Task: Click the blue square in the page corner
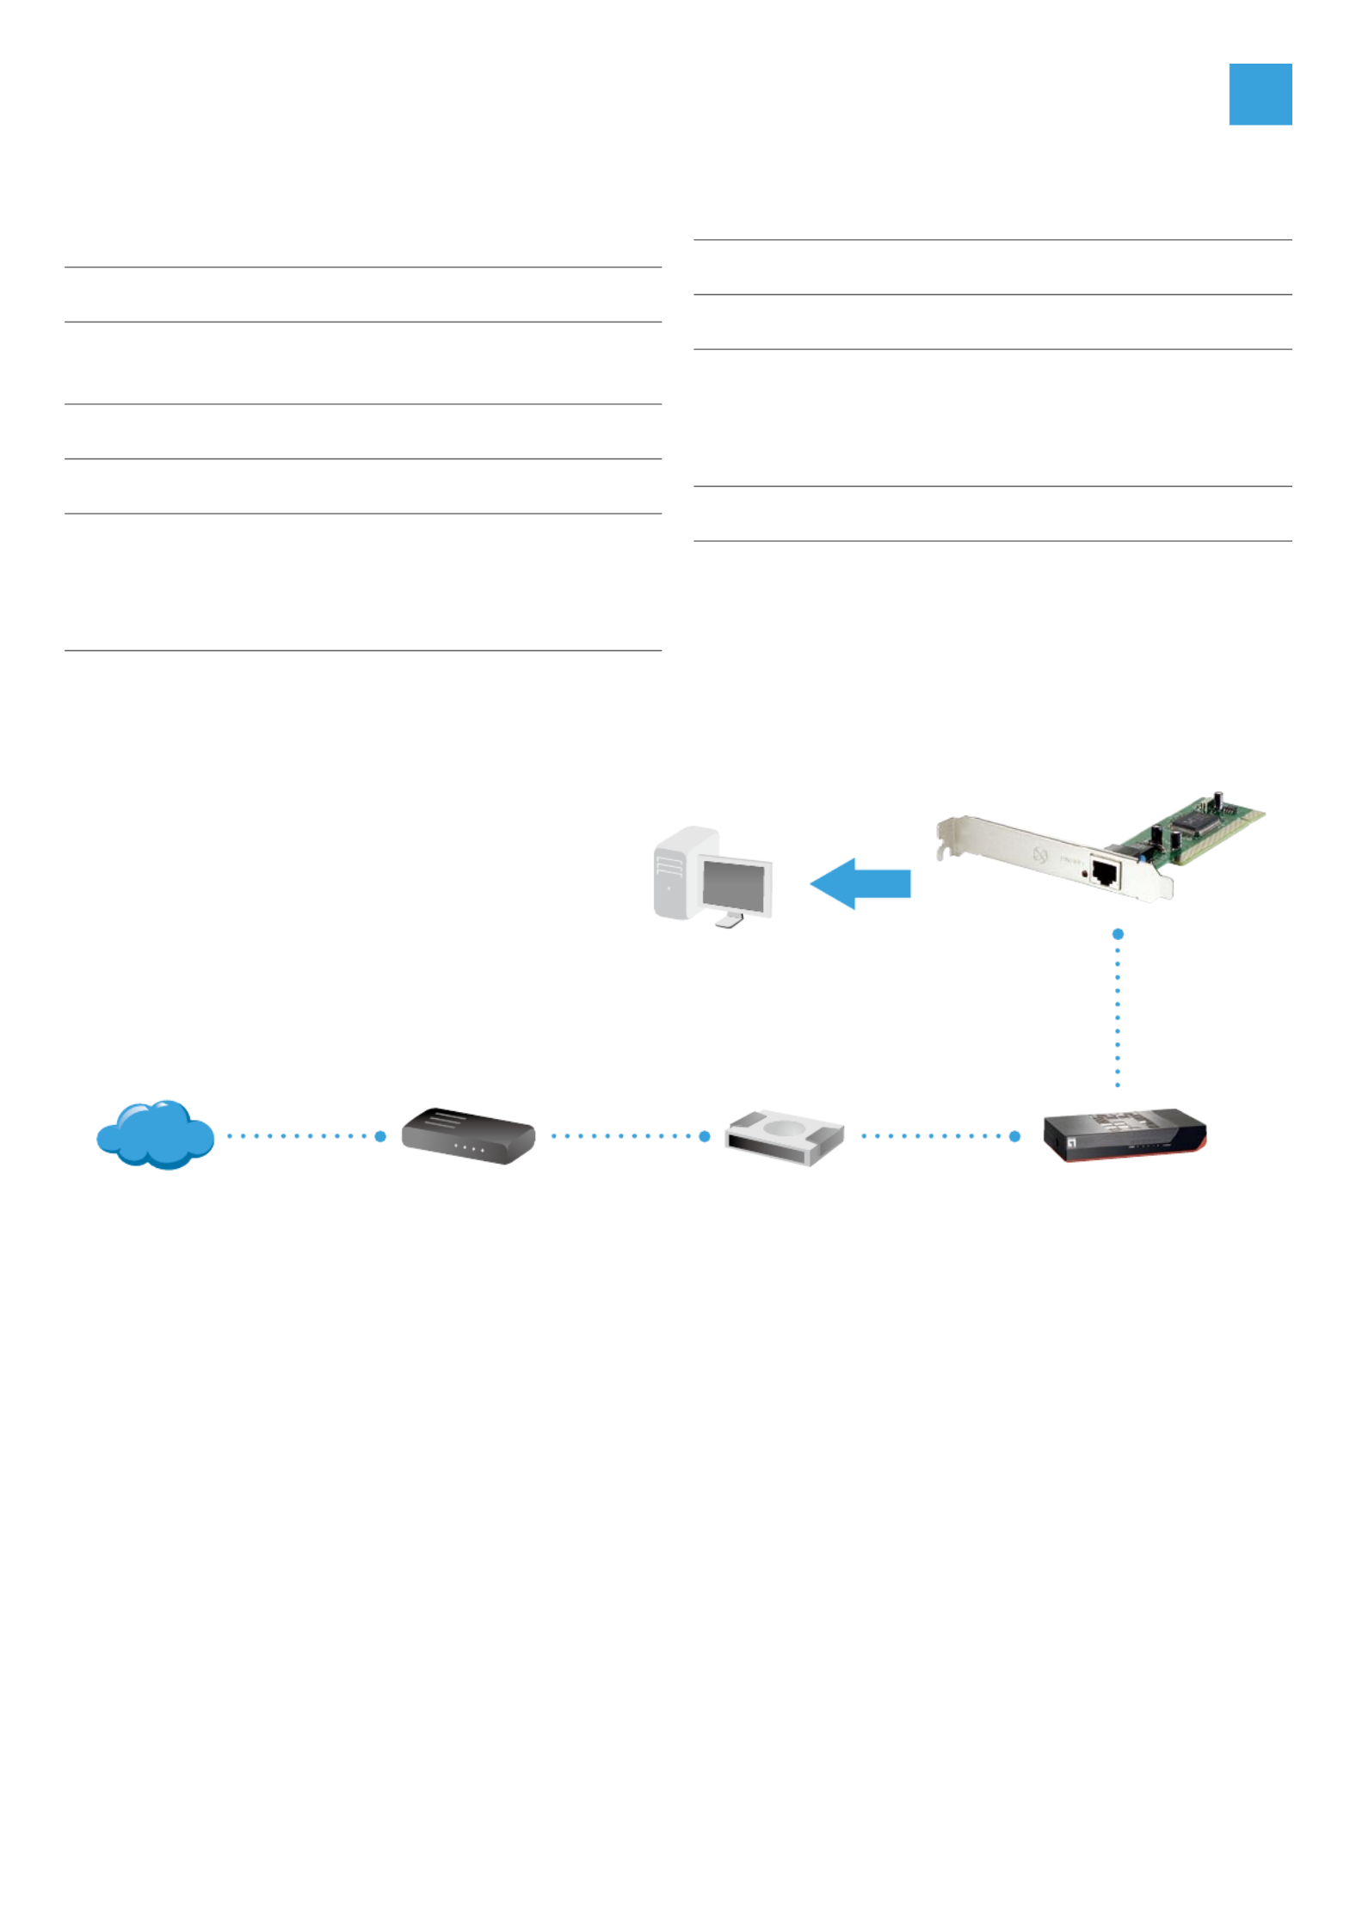click(1260, 95)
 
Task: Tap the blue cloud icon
click(155, 1134)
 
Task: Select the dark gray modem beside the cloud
click(468, 1136)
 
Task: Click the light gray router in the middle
click(784, 1137)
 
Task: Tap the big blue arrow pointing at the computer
click(860, 883)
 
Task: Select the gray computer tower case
click(675, 873)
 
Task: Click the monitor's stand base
click(730, 921)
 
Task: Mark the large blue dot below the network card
click(1118, 934)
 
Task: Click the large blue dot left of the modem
click(380, 1136)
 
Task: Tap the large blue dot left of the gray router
click(705, 1136)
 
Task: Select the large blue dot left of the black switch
click(1014, 1136)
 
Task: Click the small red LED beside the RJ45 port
click(1084, 873)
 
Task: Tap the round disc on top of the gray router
click(784, 1128)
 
